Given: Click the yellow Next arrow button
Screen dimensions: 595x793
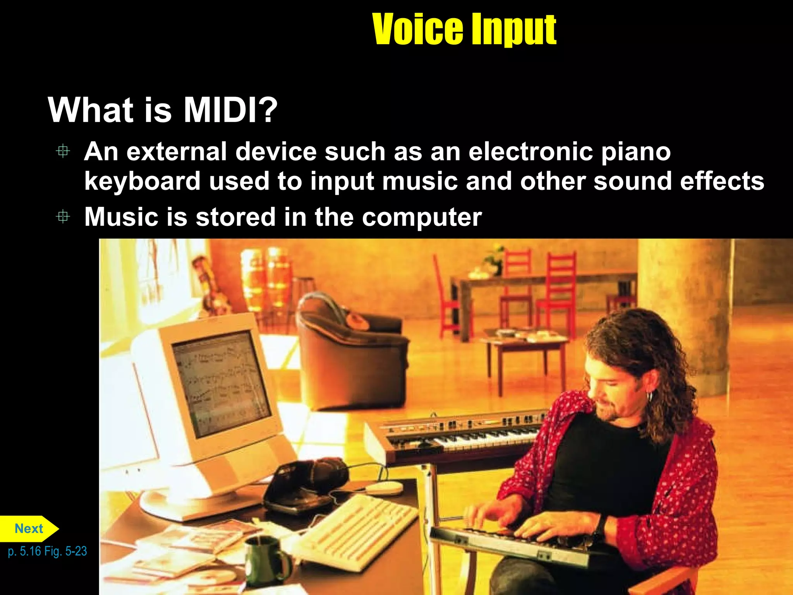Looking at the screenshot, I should tap(29, 528).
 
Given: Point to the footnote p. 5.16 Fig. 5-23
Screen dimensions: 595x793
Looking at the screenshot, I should tap(47, 551).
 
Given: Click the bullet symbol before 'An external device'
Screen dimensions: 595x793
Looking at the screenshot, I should tap(63, 151).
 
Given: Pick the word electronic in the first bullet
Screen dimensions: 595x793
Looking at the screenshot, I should tap(530, 151).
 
